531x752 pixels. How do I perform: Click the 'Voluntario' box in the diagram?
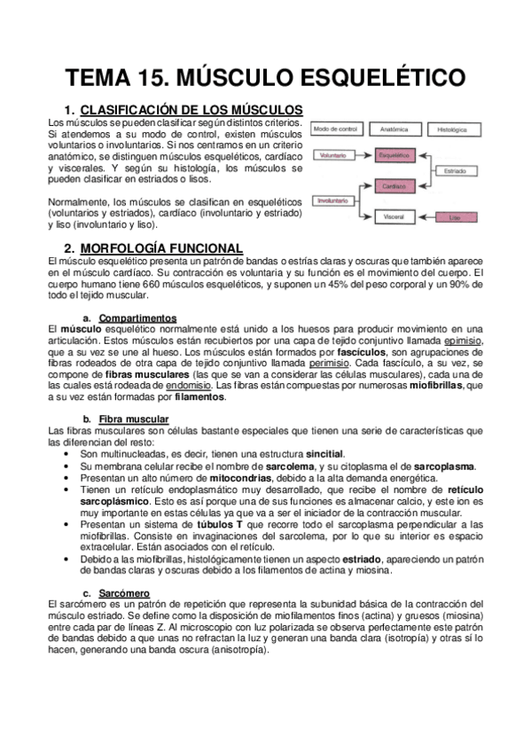tap(335, 154)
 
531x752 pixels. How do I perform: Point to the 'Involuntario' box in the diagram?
tap(335, 200)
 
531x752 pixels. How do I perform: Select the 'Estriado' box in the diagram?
tap(456, 170)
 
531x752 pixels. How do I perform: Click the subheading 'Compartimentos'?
tap(137, 317)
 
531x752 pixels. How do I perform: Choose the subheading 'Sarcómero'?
tap(124, 592)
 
